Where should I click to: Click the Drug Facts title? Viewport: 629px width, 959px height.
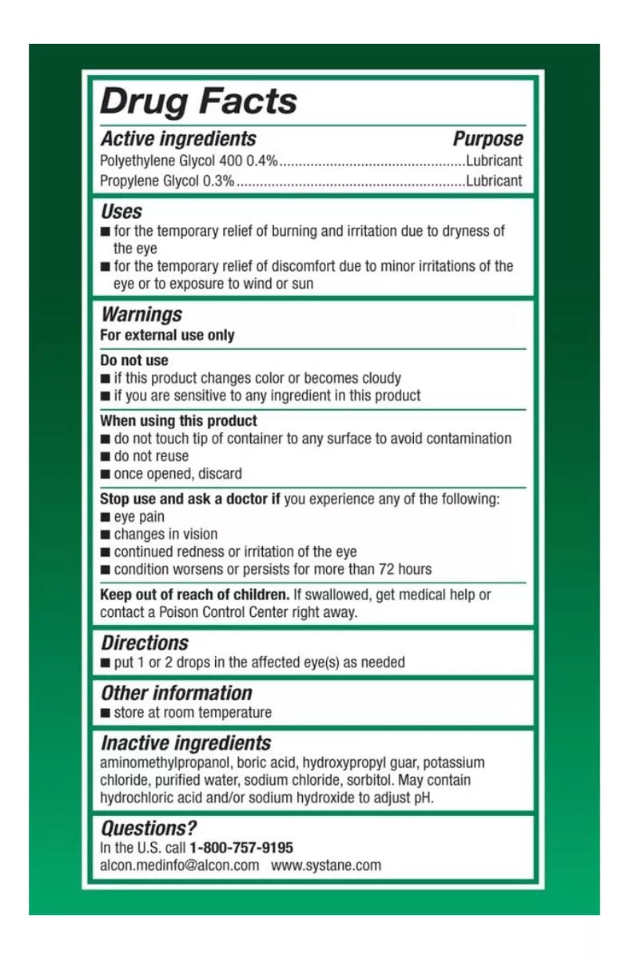point(198,101)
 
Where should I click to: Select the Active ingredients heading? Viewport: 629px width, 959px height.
point(178,139)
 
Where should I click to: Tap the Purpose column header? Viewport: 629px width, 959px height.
point(488,139)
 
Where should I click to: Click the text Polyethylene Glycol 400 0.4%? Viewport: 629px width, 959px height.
point(189,161)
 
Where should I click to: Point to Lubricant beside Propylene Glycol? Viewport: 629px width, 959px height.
point(494,181)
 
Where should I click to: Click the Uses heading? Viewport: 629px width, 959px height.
point(121,212)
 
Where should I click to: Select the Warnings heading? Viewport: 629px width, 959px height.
point(141,315)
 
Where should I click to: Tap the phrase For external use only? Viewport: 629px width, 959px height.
point(167,336)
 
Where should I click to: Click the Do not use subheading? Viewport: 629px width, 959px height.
point(134,360)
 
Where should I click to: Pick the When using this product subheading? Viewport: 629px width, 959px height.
point(178,420)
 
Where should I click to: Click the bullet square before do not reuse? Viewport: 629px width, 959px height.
point(105,457)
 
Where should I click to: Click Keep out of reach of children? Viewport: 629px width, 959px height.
point(194,595)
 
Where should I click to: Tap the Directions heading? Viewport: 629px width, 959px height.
point(145,643)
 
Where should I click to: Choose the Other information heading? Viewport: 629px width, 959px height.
point(177,693)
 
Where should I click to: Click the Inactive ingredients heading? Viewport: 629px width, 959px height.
point(185,743)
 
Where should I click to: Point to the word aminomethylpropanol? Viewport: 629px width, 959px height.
point(164,762)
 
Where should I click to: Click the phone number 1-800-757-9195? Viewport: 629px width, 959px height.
point(241,847)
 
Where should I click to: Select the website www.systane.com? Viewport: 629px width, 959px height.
point(326,865)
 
